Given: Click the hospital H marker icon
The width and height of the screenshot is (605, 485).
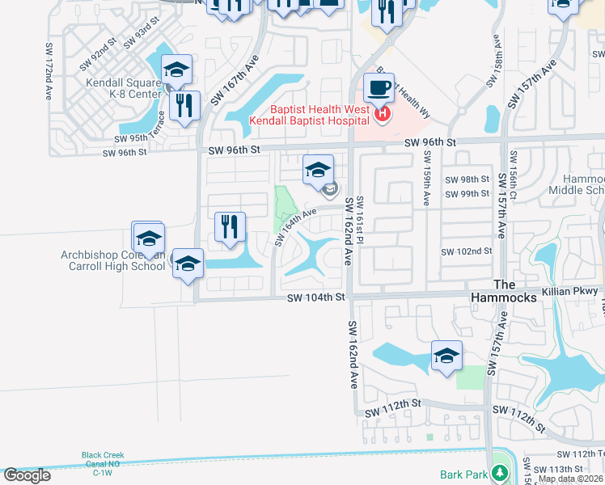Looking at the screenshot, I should (383, 115).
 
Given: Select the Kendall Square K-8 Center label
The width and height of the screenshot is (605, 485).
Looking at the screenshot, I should (124, 87).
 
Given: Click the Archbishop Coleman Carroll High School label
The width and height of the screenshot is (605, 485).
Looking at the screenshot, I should (112, 260).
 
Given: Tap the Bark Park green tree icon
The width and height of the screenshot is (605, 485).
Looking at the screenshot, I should (501, 474).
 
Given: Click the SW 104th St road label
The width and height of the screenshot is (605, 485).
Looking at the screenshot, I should (316, 298).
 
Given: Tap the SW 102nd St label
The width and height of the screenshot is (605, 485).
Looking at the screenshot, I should (467, 251).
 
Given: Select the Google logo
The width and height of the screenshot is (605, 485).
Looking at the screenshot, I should (27, 475).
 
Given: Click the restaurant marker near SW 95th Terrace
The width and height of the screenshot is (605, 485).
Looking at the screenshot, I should (186, 106).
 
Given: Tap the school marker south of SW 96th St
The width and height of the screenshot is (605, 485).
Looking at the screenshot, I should (319, 171).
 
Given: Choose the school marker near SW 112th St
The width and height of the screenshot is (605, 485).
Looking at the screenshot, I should (446, 356).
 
